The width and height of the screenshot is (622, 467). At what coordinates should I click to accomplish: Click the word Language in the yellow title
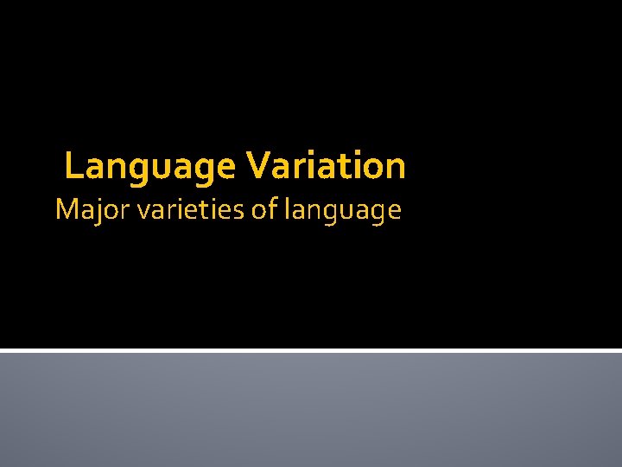(149, 166)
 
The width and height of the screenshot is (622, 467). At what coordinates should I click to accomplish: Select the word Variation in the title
(326, 166)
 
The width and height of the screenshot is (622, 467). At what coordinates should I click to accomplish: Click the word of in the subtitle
(262, 209)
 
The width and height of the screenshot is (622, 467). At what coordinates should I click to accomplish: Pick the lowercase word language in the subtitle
(340, 211)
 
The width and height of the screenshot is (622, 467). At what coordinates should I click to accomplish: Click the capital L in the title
(73, 166)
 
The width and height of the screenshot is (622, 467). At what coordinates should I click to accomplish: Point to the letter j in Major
(93, 211)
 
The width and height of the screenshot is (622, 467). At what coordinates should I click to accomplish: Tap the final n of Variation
(396, 168)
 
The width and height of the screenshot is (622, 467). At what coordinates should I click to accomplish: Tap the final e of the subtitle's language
(394, 211)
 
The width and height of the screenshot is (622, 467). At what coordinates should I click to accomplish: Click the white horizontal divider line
(311, 350)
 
